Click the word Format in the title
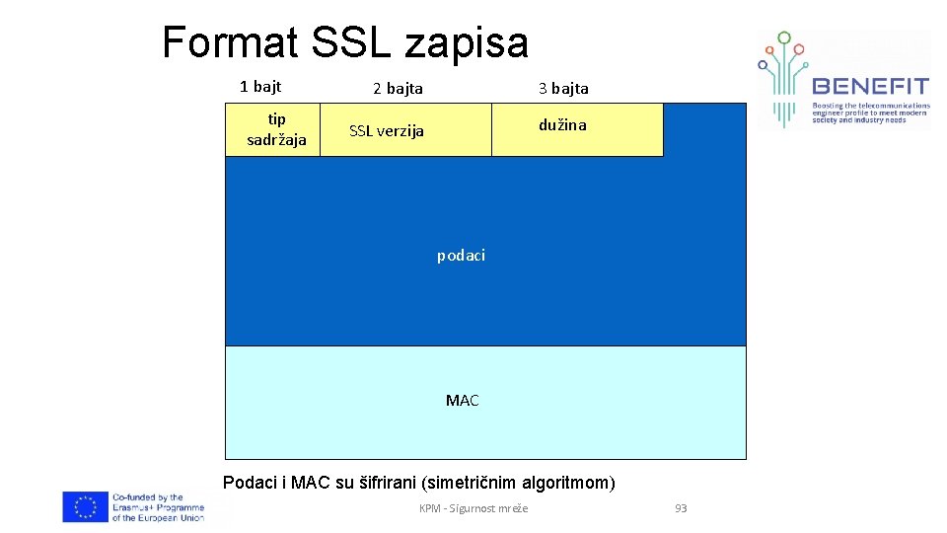[230, 42]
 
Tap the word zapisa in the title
[467, 42]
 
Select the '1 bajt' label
[260, 87]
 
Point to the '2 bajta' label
[398, 89]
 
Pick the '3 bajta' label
[563, 89]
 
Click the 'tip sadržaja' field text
[276, 129]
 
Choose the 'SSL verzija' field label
[387, 131]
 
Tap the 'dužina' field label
[562, 125]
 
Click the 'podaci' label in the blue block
[461, 256]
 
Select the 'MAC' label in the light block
[462, 400]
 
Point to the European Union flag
[85, 506]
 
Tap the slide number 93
[681, 508]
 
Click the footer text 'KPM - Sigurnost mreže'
[473, 508]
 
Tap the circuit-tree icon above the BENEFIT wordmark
[785, 74]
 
